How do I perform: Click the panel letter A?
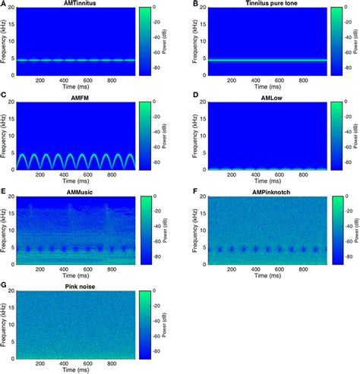5,4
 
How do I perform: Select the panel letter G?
5,286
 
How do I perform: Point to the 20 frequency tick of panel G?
14,293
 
